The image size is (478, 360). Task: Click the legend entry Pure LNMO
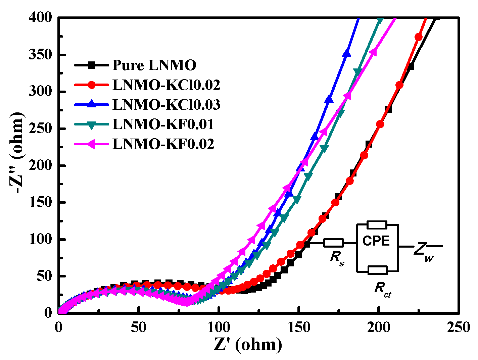(x=154, y=65)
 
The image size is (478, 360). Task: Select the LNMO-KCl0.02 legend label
(x=166, y=85)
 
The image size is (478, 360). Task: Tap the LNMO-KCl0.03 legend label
(x=166, y=105)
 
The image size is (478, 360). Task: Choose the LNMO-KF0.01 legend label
(x=163, y=124)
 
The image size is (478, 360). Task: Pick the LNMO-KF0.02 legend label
(x=163, y=144)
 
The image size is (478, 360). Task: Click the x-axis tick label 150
(x=298, y=327)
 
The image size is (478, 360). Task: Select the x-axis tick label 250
(x=458, y=327)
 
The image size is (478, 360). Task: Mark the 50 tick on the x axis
(x=138, y=327)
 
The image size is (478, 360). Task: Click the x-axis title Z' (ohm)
(x=248, y=345)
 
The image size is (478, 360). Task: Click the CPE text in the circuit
(x=376, y=241)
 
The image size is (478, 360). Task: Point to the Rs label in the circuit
(x=337, y=257)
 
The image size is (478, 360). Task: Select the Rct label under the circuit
(x=382, y=289)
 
